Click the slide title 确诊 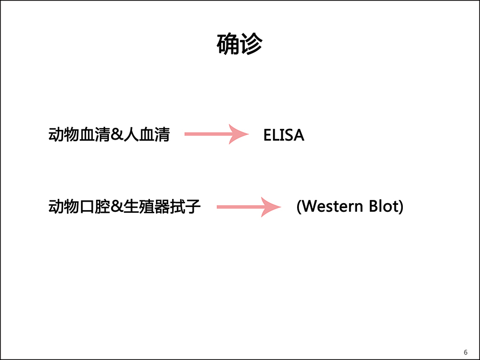(x=239, y=44)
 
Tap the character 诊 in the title (x=251, y=44)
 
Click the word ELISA (x=284, y=135)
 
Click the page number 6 (x=465, y=352)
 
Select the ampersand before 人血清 (x=116, y=135)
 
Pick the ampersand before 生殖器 (x=116, y=206)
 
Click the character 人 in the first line (x=131, y=135)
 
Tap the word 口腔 (x=94, y=206)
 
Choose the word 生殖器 (x=147, y=206)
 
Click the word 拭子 (x=185, y=206)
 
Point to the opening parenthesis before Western (x=299, y=206)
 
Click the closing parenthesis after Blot (x=400, y=206)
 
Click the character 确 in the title (x=228, y=44)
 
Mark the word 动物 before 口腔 (x=64, y=206)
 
